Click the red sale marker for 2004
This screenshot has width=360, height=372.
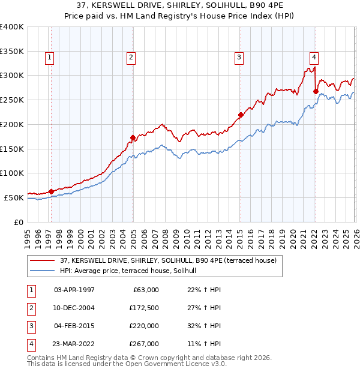pos(133,137)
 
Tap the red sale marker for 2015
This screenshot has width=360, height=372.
pos(240,115)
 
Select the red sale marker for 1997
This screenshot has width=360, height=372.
pos(51,191)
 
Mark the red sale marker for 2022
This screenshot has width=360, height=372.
pos(316,91)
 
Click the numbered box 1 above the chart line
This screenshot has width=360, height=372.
pos(49,58)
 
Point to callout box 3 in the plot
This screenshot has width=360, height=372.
pos(239,58)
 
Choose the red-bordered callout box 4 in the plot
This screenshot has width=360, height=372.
pos(314,58)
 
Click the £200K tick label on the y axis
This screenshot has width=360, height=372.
pos(11,124)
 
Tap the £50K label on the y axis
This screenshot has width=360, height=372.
pos(14,197)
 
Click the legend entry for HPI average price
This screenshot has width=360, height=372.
pos(133,271)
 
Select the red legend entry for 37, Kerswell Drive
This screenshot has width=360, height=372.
pos(168,260)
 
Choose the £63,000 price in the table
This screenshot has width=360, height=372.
pos(145,290)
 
